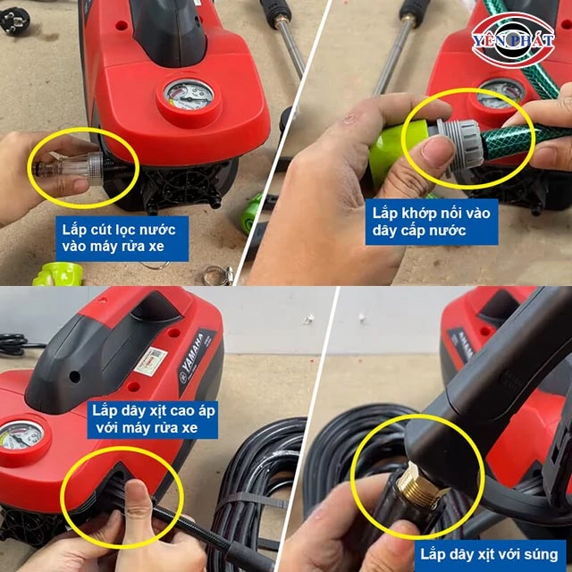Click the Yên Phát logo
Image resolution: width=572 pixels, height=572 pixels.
(x=513, y=39)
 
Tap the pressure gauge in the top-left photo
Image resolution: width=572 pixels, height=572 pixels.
(x=189, y=96)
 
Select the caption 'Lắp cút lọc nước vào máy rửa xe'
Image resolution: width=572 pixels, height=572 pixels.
(x=122, y=239)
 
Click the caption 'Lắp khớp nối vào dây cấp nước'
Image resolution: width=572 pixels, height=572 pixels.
(x=432, y=222)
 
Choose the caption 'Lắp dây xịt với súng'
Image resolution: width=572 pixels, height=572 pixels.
(x=489, y=555)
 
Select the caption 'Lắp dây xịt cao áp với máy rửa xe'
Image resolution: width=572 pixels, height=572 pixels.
(x=153, y=419)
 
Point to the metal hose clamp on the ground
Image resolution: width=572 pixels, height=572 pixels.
(x=218, y=275)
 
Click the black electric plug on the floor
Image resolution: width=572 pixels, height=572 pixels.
(x=14, y=21)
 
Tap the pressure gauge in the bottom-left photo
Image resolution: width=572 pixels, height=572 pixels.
(x=21, y=435)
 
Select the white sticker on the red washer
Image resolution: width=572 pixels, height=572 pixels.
(x=150, y=362)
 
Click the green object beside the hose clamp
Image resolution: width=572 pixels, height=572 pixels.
(x=58, y=274)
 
